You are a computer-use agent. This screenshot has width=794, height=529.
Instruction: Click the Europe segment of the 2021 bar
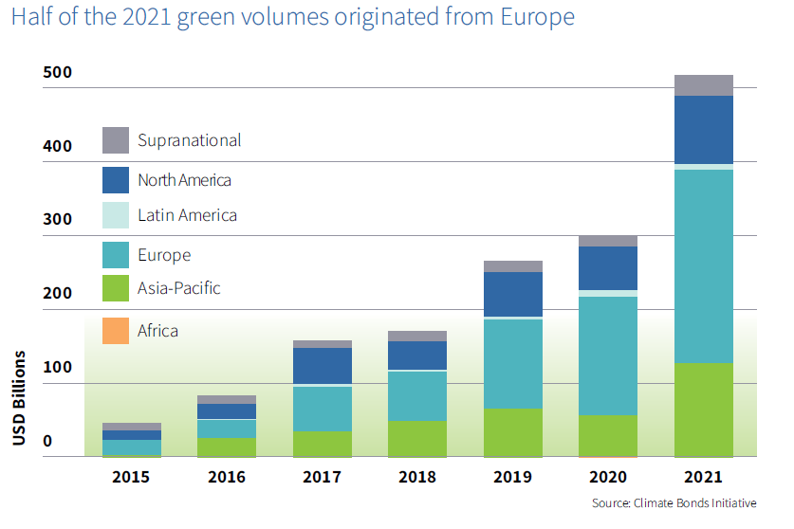click(703, 265)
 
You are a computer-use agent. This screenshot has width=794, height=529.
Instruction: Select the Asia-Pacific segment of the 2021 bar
click(703, 410)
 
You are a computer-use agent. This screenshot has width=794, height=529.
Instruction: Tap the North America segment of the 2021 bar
click(703, 130)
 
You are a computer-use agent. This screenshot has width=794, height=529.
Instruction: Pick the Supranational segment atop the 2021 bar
click(703, 85)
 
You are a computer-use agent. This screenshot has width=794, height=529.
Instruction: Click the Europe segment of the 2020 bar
click(608, 356)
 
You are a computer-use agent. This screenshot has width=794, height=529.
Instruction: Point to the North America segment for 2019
click(513, 294)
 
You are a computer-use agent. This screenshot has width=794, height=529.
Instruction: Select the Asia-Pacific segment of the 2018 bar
click(417, 439)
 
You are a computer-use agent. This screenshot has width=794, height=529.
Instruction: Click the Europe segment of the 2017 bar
click(323, 409)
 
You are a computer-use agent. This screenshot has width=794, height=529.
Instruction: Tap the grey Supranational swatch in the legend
click(116, 140)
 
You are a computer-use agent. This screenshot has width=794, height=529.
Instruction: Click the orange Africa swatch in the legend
click(116, 331)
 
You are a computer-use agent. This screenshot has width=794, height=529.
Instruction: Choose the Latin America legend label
click(187, 215)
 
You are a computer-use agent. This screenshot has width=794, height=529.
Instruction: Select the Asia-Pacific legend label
click(178, 287)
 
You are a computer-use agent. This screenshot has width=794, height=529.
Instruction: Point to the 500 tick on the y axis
click(58, 74)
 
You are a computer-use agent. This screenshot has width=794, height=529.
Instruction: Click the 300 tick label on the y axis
click(58, 219)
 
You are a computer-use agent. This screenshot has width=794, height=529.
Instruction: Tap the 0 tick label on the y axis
click(46, 442)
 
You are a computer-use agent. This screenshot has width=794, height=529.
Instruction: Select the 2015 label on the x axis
click(131, 477)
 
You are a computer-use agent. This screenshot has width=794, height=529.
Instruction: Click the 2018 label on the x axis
click(417, 477)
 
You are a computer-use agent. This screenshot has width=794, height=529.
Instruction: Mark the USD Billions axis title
click(19, 398)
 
